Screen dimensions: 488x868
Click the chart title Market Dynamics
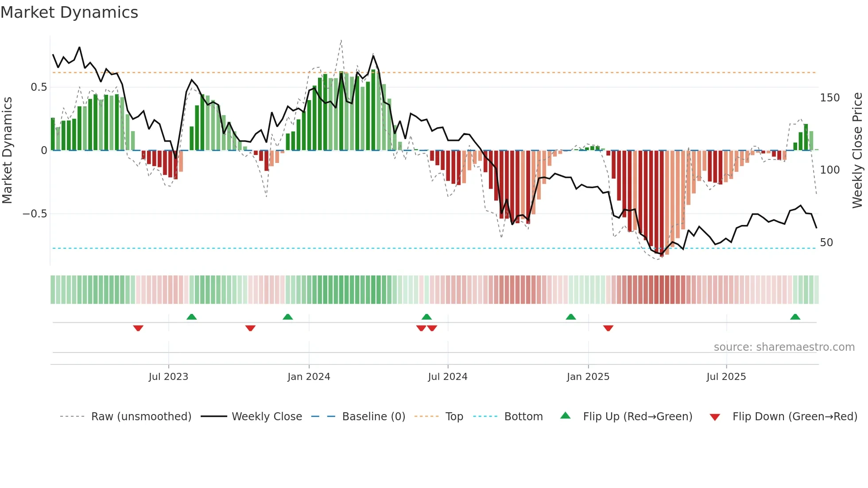tap(70, 12)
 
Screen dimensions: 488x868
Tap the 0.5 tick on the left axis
tap(39, 87)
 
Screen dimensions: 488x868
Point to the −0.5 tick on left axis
tap(35, 214)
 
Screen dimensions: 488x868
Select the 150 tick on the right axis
tap(829, 98)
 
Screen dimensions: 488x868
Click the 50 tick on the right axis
tap(826, 243)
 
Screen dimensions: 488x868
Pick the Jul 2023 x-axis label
tap(168, 377)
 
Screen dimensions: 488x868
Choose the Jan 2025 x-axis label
tap(588, 377)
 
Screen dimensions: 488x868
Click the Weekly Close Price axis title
tap(857, 150)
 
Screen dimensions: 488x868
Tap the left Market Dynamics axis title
tap(7, 150)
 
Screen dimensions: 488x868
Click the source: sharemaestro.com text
tap(784, 347)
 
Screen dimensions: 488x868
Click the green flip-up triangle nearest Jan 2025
tap(571, 317)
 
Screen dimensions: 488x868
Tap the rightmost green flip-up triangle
tap(795, 317)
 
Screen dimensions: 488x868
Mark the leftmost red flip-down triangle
tap(138, 328)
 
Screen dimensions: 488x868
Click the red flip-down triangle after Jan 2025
tap(608, 328)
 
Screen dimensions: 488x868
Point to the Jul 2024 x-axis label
tap(447, 377)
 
